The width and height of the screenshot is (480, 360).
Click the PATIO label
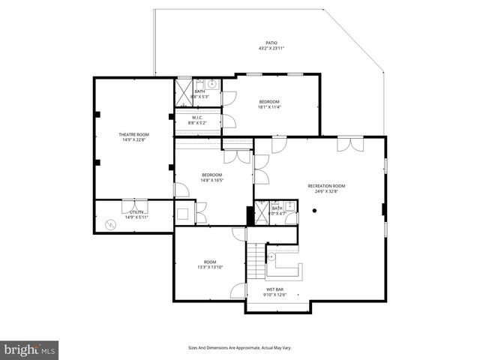coord(271,43)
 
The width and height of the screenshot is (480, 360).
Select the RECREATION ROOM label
coord(326,186)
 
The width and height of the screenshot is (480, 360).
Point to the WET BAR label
coord(274,289)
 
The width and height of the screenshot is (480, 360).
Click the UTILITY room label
coord(136,212)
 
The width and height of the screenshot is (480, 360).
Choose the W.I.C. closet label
coord(197,117)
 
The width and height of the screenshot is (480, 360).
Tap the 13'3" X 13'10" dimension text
coord(210,267)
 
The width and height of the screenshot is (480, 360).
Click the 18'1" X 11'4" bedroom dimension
coord(269,107)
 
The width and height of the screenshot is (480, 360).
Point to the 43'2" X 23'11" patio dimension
coord(271,49)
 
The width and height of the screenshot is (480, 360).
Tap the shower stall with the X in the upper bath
coord(184,92)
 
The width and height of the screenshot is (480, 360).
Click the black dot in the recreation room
coord(316,211)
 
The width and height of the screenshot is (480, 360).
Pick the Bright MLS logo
coord(29,349)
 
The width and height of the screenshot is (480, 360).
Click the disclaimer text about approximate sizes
coord(239,347)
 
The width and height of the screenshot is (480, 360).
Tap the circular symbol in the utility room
coord(112,223)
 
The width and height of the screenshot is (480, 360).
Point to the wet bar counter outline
coord(284,267)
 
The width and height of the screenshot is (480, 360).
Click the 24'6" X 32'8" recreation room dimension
coord(326,192)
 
